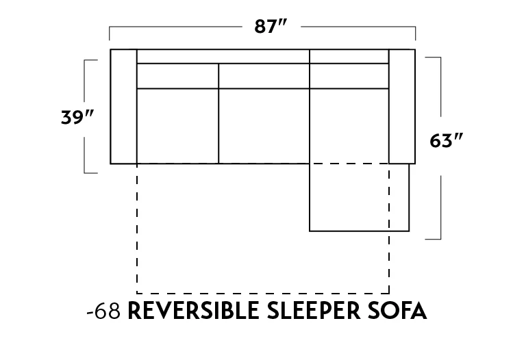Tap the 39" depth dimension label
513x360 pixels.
pos(76,117)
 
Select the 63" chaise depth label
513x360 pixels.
pos(447,141)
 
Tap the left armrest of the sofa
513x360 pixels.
pos(124,107)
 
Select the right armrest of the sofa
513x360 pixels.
pos(402,107)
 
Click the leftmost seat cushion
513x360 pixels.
pos(177,126)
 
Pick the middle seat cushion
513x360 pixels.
pos(264,126)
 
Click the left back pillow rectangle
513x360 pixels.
pos(177,76)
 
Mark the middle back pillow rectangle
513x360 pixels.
pos(264,76)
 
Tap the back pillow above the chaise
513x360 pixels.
pos(349,76)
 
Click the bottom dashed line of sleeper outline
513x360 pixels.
pos(264,292)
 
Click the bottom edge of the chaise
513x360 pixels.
pos(360,231)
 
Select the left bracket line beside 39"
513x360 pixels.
pos(85,117)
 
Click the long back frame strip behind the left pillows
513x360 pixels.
pos(223,56)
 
